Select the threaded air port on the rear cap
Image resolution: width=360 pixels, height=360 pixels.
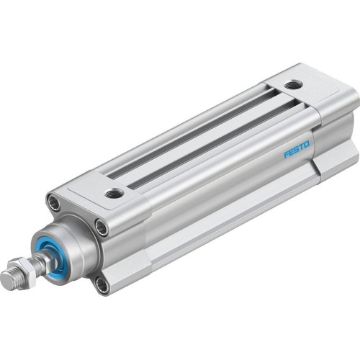point(291,85)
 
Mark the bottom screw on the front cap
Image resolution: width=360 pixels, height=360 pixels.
point(102,285)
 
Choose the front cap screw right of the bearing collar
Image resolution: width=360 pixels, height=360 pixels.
point(102,229)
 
